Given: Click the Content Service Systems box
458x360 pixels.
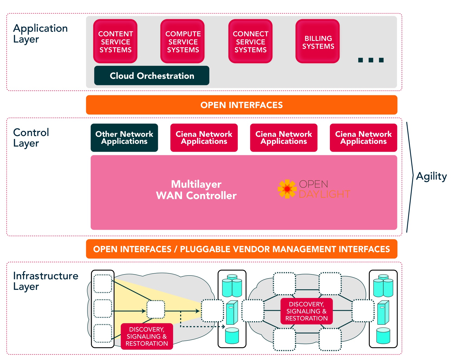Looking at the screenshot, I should tap(115, 41).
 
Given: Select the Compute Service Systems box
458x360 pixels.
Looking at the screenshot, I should tap(183, 41).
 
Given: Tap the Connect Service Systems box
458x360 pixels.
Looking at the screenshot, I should tap(250, 41).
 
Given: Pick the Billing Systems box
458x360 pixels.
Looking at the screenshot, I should tap(318, 41).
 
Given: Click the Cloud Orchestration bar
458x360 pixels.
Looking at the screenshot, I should tap(152, 76).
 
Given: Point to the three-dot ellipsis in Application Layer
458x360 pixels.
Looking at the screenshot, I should tap(371, 60).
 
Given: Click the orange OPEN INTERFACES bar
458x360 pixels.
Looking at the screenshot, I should tap(241, 105).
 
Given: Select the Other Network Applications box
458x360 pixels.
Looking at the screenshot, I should tap(124, 138).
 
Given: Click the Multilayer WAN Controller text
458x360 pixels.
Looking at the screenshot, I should tap(196, 190).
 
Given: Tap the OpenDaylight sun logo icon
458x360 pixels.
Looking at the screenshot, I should tap(287, 189).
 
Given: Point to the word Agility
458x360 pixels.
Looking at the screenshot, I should tap(431, 176).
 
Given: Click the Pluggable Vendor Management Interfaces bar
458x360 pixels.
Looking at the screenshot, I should tap(241, 249).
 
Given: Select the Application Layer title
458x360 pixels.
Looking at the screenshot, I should tap(40, 33).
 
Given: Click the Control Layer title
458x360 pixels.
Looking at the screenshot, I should tap(31, 138).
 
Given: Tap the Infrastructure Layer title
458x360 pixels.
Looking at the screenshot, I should tap(46, 281).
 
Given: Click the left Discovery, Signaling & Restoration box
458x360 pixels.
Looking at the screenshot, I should tap(147, 336).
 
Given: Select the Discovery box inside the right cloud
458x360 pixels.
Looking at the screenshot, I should tap(306, 311).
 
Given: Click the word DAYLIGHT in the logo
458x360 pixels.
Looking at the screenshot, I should tap(324, 194).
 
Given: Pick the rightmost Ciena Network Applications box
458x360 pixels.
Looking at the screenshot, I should tap(363, 138).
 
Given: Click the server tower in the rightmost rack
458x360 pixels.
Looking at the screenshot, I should tap(383, 312).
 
